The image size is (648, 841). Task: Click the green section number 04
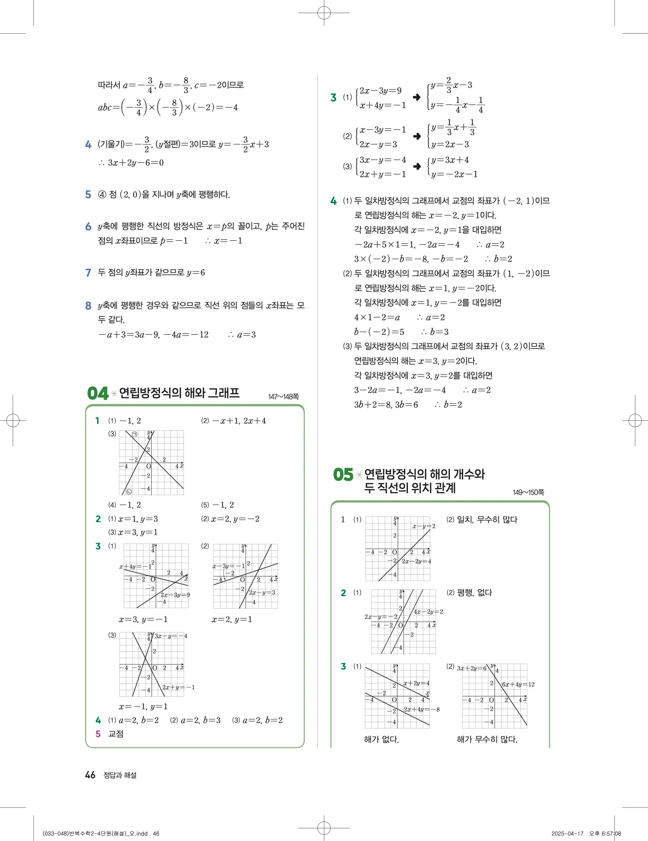click(98, 393)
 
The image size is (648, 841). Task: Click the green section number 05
click(343, 475)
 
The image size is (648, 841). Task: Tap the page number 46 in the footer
click(90, 775)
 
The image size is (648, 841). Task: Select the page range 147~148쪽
click(283, 397)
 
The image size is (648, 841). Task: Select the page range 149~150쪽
click(528, 492)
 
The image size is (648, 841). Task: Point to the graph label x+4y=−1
click(136, 567)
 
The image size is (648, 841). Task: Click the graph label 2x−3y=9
click(175, 595)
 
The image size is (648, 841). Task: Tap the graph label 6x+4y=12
click(518, 685)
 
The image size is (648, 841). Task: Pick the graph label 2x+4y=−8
click(422, 709)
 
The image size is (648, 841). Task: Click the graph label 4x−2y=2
click(428, 612)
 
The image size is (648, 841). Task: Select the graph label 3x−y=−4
click(171, 636)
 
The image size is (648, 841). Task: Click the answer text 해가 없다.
click(381, 739)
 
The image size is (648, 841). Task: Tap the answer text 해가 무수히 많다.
click(487, 739)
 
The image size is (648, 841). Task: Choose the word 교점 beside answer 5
click(116, 734)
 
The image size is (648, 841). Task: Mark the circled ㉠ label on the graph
click(135, 434)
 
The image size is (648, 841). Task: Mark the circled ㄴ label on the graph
click(129, 491)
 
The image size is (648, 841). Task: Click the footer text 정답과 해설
click(120, 775)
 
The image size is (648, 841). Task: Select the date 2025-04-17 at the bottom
click(567, 834)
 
